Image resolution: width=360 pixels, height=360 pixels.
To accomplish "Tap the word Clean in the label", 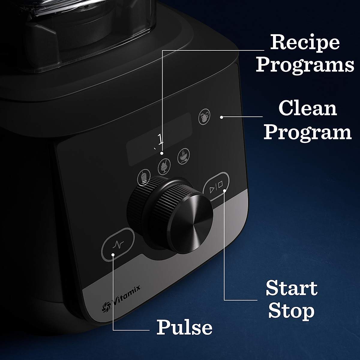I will click(308, 109).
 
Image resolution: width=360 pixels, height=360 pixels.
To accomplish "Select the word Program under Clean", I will click(308, 132).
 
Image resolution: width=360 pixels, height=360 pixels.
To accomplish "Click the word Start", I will click(292, 288).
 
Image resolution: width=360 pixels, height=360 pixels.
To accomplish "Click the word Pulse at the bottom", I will click(184, 327).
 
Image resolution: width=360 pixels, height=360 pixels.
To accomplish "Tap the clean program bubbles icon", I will click(204, 116).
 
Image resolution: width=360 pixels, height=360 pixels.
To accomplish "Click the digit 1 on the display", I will click(160, 139).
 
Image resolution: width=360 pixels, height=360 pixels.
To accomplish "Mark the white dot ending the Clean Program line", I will click(221, 117).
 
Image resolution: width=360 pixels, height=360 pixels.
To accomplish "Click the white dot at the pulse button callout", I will click(113, 255).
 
